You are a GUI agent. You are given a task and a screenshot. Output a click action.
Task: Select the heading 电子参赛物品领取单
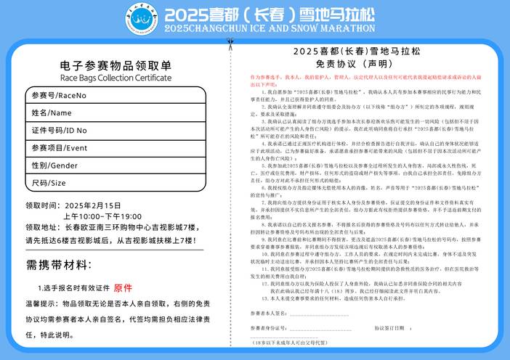tap(116, 65)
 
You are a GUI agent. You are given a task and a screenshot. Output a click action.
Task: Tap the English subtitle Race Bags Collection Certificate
tap(116, 77)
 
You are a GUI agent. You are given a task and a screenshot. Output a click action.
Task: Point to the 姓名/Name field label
tap(51, 112)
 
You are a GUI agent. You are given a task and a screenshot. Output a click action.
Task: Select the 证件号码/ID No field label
tap(59, 131)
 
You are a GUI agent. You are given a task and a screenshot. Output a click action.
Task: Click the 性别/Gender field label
tap(54, 165)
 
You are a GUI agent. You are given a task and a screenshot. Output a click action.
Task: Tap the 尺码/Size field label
tap(49, 183)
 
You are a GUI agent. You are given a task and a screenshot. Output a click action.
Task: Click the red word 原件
tap(123, 287)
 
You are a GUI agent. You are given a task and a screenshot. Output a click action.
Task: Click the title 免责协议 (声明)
tap(357, 63)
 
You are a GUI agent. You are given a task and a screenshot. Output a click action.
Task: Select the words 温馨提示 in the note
tap(41, 303)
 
